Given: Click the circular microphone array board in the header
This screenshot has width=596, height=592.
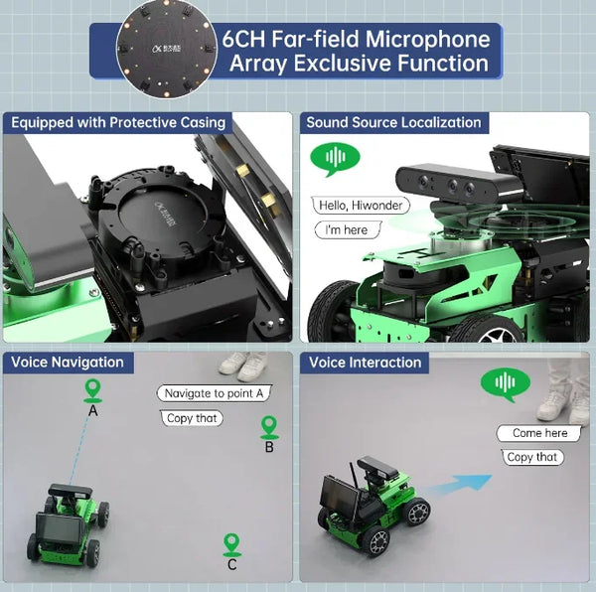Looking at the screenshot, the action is tap(167, 49).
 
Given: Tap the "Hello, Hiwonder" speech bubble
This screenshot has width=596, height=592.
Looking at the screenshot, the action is tap(361, 206).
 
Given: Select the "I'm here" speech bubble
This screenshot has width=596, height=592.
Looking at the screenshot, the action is tap(348, 229).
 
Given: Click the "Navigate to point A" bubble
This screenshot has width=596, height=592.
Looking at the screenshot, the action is tap(214, 393).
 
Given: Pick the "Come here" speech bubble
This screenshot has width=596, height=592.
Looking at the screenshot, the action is tap(539, 433).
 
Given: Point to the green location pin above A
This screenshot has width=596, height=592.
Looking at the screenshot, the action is tap(92, 390).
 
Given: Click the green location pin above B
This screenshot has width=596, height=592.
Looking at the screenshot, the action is tap(269, 427).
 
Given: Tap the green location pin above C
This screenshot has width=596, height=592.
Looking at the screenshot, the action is tap(231, 545).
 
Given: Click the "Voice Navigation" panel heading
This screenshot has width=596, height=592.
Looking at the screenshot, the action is tap(68, 363).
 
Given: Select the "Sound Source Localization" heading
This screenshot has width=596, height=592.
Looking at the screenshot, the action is tap(393, 122).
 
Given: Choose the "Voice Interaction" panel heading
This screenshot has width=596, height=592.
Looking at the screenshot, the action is tap(365, 363).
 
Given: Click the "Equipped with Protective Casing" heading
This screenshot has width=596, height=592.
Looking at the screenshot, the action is tap(118, 122).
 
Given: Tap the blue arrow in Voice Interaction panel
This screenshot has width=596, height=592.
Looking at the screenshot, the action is tap(457, 486).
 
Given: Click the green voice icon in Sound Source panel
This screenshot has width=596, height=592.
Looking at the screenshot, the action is tap(335, 158).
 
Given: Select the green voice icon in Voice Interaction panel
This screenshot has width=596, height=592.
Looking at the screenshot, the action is tap(506, 383).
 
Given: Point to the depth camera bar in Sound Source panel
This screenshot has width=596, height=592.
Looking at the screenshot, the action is tap(459, 185).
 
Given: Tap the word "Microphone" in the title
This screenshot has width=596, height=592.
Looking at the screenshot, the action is tap(427, 39).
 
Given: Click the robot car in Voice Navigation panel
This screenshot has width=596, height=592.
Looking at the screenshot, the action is tap(68, 524).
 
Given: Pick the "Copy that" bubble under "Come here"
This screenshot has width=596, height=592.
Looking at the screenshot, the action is tap(532, 457).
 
